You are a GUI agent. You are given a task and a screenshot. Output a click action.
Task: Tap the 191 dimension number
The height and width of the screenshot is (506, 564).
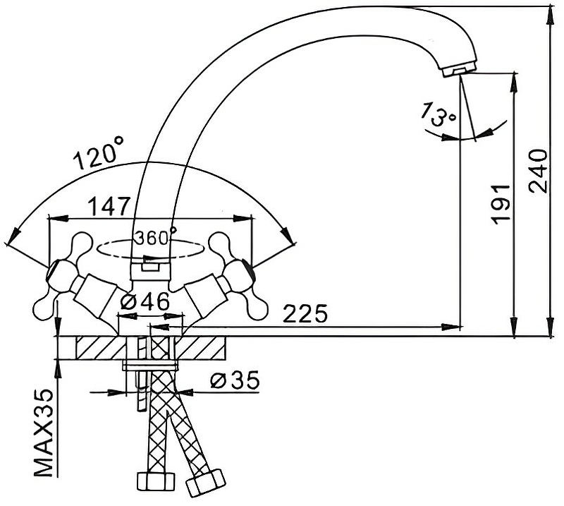coord(501,205)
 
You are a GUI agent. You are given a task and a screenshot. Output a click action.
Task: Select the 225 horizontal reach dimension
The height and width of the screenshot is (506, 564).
coord(305,313)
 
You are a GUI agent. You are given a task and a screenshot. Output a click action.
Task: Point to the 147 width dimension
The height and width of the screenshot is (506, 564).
coord(109,206)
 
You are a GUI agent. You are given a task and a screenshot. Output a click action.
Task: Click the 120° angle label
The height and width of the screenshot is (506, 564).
coord(98,153)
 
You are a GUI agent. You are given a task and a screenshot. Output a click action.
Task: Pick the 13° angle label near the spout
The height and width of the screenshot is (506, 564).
coord(439,114)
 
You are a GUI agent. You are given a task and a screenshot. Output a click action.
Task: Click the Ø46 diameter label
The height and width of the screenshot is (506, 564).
coord(145,301)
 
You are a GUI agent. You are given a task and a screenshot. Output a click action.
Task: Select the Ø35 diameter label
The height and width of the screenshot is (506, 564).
coord(235,380)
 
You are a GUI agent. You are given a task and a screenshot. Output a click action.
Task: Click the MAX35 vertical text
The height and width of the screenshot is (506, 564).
coord(45,433)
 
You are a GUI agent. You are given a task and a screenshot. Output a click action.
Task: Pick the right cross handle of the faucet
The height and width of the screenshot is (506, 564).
coord(239,277)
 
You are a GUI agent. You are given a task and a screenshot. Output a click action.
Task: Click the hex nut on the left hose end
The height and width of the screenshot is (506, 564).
coord(156,481)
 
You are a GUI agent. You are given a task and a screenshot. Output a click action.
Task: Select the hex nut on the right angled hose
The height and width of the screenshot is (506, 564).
coord(205,483)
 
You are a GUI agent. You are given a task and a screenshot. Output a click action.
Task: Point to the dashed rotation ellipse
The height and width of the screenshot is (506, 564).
coord(151,249)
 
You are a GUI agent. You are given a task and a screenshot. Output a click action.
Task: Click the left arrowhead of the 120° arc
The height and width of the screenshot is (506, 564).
coord(12,236)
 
